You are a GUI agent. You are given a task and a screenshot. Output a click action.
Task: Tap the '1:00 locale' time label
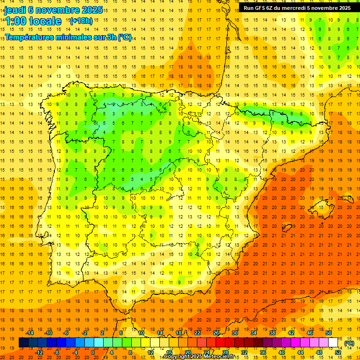[x=33, y=21]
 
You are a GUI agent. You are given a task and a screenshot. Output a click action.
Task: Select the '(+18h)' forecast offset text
[x=81, y=21]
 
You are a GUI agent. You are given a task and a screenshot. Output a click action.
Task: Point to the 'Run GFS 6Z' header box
[x=297, y=8]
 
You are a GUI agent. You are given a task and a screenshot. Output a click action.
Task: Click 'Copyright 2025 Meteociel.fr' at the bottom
[x=199, y=357]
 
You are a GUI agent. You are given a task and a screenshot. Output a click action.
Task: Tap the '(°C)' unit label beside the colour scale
[x=349, y=343]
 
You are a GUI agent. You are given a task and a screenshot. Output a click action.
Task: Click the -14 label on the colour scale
[x=31, y=333]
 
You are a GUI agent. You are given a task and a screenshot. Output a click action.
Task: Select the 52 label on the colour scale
[x=337, y=352]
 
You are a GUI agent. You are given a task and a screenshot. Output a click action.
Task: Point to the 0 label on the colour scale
[x=93, y=352]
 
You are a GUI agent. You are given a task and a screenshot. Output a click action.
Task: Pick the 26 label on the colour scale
[x=216, y=333]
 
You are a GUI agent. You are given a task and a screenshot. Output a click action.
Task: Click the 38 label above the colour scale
[x=272, y=333]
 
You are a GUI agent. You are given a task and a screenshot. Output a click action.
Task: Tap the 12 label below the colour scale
[x=150, y=352]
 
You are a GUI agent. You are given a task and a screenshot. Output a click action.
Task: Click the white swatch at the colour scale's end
[x=333, y=343]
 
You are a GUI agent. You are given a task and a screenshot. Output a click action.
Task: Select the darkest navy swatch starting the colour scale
[x=23, y=343]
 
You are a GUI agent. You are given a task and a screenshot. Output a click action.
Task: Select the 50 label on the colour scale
[x=328, y=333]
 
